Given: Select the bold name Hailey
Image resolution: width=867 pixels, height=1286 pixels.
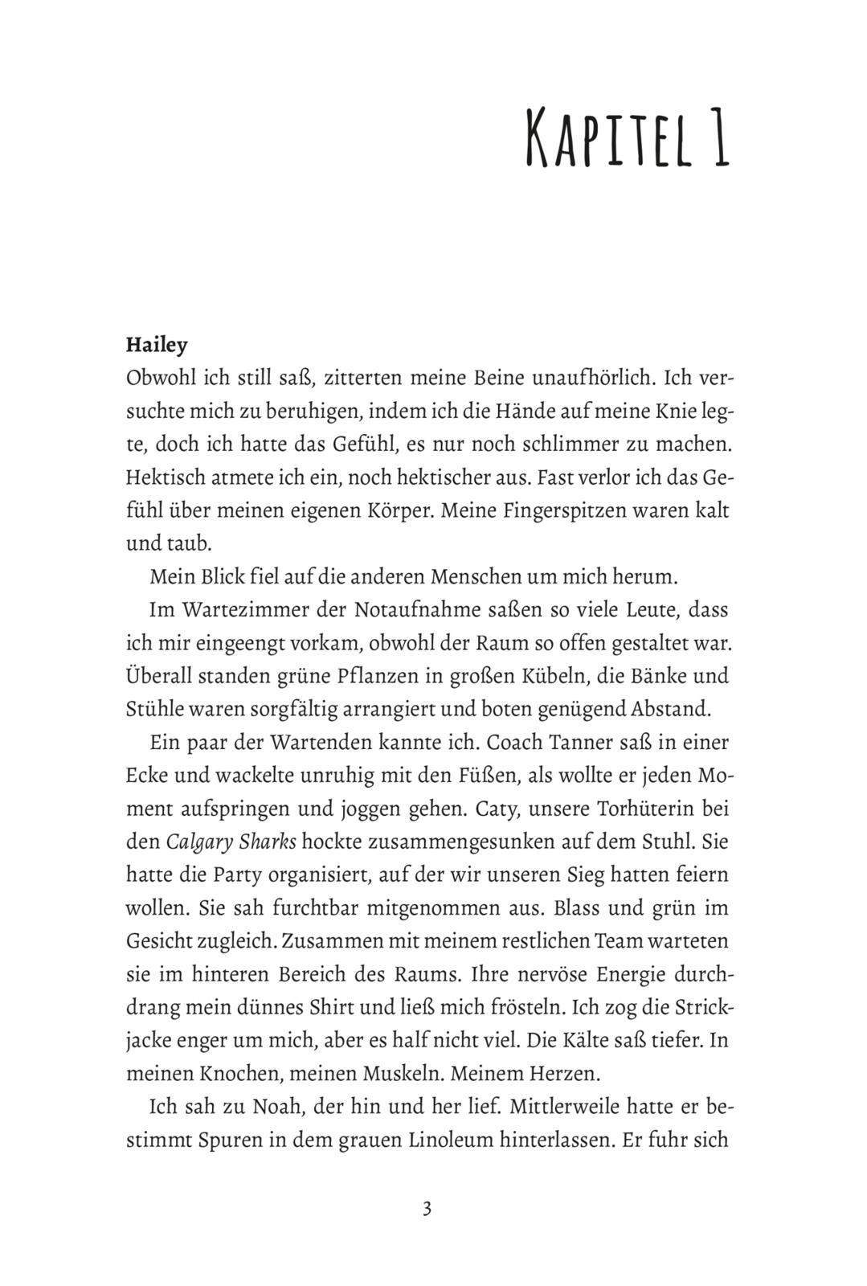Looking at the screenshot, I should coord(157,346).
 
